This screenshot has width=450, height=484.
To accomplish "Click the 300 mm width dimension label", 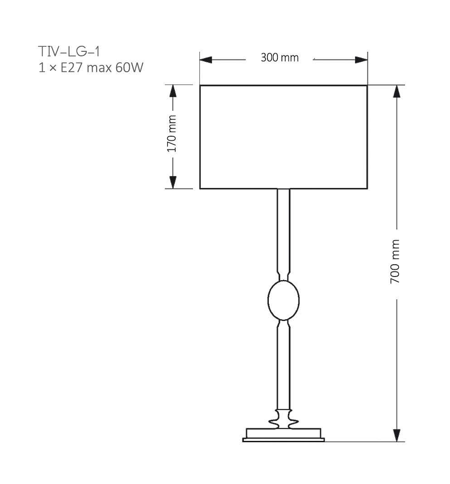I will click(x=280, y=58).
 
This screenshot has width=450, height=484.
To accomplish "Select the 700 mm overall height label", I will click(x=395, y=262).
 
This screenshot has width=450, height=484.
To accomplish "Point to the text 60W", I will click(x=132, y=68).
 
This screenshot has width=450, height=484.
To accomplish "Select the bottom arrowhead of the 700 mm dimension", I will click(x=397, y=435).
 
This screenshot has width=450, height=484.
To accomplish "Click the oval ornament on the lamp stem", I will click(x=283, y=300).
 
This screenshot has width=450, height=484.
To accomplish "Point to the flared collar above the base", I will click(x=283, y=418).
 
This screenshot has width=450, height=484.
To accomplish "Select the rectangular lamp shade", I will click(x=283, y=137).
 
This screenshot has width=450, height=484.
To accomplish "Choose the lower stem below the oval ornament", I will click(x=283, y=363).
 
